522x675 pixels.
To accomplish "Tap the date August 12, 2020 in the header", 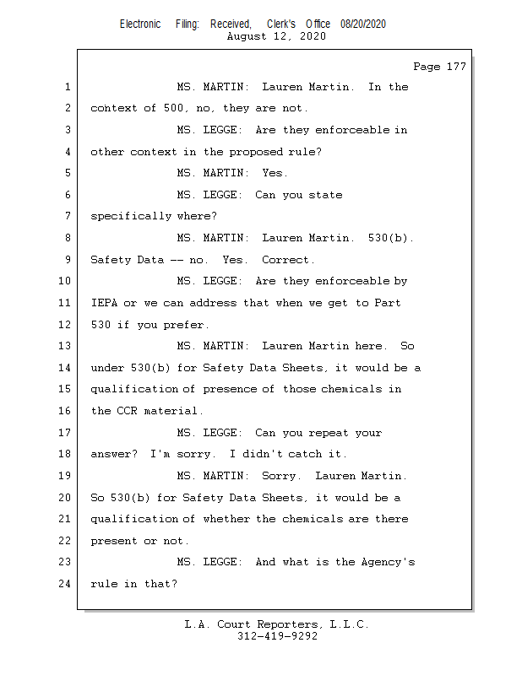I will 276,37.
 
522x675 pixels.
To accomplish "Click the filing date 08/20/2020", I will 363,24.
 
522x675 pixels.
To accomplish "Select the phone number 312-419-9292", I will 277,636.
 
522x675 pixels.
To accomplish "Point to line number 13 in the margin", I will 67,346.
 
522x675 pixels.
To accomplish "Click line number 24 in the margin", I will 67,583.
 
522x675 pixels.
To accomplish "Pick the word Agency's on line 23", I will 387,562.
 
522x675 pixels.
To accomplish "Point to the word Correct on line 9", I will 287,260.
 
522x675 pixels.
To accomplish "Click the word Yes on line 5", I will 275,173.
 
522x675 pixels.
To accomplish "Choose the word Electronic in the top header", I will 140,24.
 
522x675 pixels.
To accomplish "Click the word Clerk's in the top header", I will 281,24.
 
